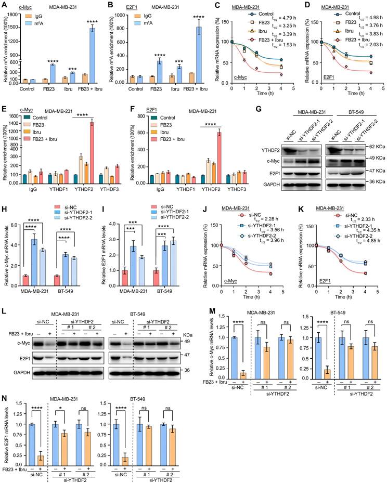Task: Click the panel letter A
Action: tap(4, 5)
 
